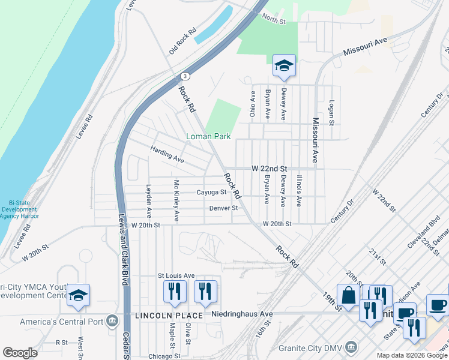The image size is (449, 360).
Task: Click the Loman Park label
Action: click(208, 137)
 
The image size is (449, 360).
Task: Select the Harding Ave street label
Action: click(167, 155)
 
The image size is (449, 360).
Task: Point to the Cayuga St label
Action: click(211, 193)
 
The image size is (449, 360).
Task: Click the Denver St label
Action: click(223, 208)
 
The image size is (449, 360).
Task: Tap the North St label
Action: click(273, 20)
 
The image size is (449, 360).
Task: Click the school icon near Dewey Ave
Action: click(284, 65)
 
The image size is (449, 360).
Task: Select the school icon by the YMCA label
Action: click(78, 296)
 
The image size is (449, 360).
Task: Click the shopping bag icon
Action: click(348, 295)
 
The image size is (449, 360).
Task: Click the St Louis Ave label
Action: click(176, 275)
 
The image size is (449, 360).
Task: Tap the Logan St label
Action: click(331, 113)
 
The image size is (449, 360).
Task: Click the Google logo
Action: click(20, 353)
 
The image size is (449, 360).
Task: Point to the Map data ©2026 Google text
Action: click(411, 355)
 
